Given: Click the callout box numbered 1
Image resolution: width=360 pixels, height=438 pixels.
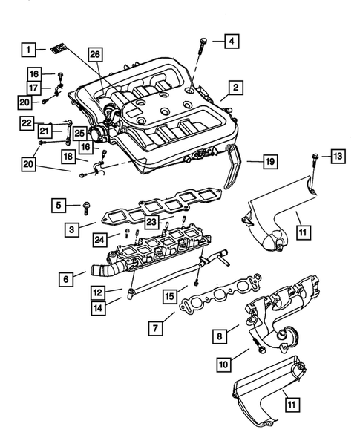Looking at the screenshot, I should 27,50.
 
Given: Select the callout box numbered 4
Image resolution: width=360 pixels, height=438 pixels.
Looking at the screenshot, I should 232,39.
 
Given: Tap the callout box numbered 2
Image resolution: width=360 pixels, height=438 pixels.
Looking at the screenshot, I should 234,88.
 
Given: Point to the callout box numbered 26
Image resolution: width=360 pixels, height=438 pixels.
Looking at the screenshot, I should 94,54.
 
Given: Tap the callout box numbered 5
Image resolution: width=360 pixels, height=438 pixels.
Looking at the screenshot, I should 58,203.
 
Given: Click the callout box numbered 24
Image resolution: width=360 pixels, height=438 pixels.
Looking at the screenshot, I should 101,238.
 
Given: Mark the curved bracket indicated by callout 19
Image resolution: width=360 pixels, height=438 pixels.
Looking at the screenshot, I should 232,179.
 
